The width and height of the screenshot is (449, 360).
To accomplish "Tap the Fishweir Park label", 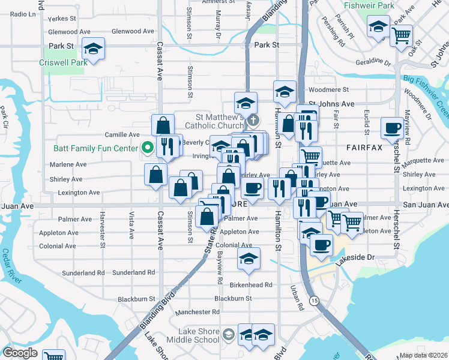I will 369,5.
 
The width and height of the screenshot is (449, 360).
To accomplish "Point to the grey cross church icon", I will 253,121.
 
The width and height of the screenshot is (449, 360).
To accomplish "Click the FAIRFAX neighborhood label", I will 364,146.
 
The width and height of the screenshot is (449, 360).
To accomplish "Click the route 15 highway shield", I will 314,299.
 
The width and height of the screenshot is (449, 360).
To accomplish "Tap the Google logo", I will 20,352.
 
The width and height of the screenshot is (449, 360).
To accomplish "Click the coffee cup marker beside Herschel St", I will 392,127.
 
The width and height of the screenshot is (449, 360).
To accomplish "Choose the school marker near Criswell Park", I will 93,48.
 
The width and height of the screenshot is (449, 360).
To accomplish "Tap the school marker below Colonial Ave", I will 249,258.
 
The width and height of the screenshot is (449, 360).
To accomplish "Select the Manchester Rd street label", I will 197,312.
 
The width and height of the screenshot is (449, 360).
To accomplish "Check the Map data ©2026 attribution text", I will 424,355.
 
